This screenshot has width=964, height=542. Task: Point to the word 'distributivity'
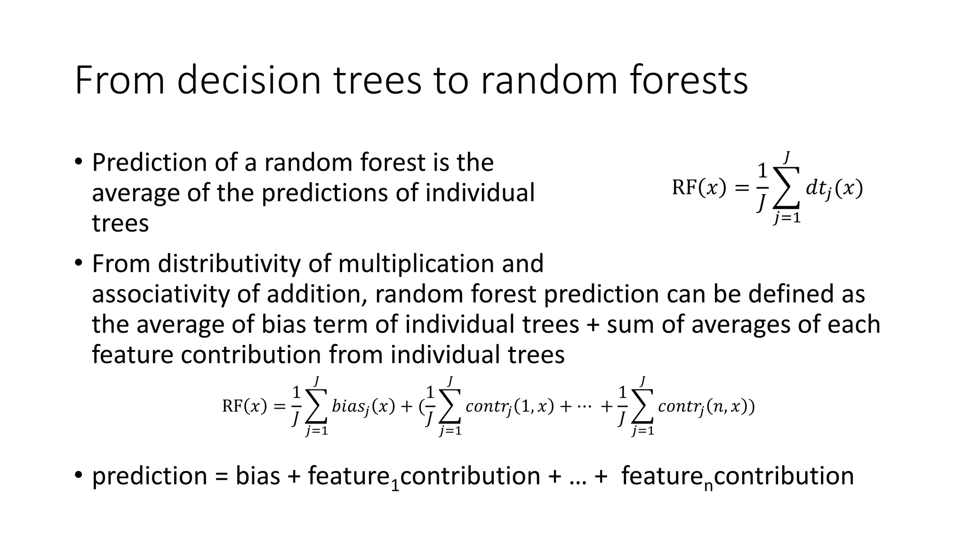[229, 263]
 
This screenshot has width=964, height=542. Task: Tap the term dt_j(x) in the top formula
[834, 189]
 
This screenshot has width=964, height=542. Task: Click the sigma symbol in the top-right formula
[786, 188]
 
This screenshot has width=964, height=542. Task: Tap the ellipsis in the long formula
[584, 406]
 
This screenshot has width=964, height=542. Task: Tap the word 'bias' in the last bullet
[257, 476]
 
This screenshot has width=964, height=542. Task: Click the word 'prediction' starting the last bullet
[149, 476]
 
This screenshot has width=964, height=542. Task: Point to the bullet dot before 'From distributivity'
[78, 263]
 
